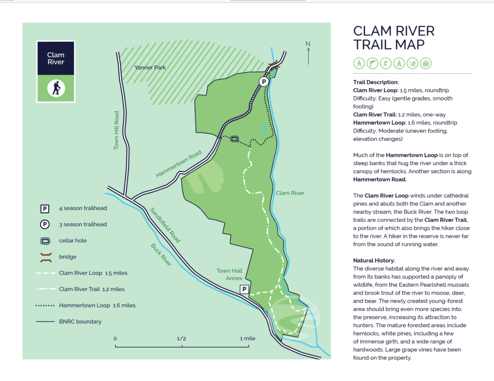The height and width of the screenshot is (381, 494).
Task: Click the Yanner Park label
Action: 150,68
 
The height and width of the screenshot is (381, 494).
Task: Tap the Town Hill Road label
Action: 116,131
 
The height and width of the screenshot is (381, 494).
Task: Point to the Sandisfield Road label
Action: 165,225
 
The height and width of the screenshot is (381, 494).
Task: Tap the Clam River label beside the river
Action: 289,193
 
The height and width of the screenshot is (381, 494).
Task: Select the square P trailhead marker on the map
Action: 244,289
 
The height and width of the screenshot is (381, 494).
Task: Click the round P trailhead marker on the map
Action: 264,82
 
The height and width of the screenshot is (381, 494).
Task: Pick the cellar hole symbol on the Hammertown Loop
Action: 234,139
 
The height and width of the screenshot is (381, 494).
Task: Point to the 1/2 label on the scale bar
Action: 181,339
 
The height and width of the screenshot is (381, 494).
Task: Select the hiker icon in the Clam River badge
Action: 56,88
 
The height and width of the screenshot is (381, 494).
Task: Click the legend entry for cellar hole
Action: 73,241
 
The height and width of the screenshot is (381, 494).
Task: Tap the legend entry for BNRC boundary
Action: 80,321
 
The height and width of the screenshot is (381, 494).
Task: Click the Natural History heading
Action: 374,260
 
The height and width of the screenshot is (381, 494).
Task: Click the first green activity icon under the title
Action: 358,63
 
